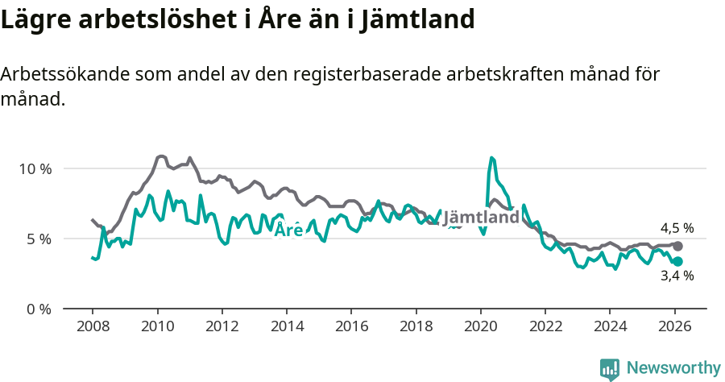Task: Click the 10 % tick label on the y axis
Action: point(35,169)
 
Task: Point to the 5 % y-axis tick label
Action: point(39,239)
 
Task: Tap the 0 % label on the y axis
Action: point(39,309)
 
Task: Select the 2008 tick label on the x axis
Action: point(93,326)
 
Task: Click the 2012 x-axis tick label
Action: point(222,326)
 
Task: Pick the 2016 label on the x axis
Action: point(351,326)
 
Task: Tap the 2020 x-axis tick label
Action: point(480,326)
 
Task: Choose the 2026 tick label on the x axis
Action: point(674,326)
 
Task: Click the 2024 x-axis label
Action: point(610,326)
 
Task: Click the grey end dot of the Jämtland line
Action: point(678,246)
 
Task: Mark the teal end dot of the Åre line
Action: point(678,261)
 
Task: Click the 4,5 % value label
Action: point(677,228)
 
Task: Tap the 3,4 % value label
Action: point(677,276)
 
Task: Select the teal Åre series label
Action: point(288,230)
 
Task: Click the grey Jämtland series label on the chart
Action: point(481,218)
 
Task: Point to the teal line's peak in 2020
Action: point(492,158)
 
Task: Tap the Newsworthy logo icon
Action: point(610,369)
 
